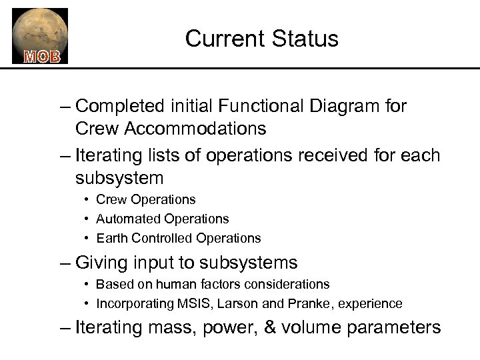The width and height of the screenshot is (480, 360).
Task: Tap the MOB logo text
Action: pyautogui.click(x=42, y=56)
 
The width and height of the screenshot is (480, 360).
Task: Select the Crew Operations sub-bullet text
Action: pyautogui.click(x=145, y=199)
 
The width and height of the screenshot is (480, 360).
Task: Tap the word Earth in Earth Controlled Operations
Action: pyautogui.click(x=112, y=238)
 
